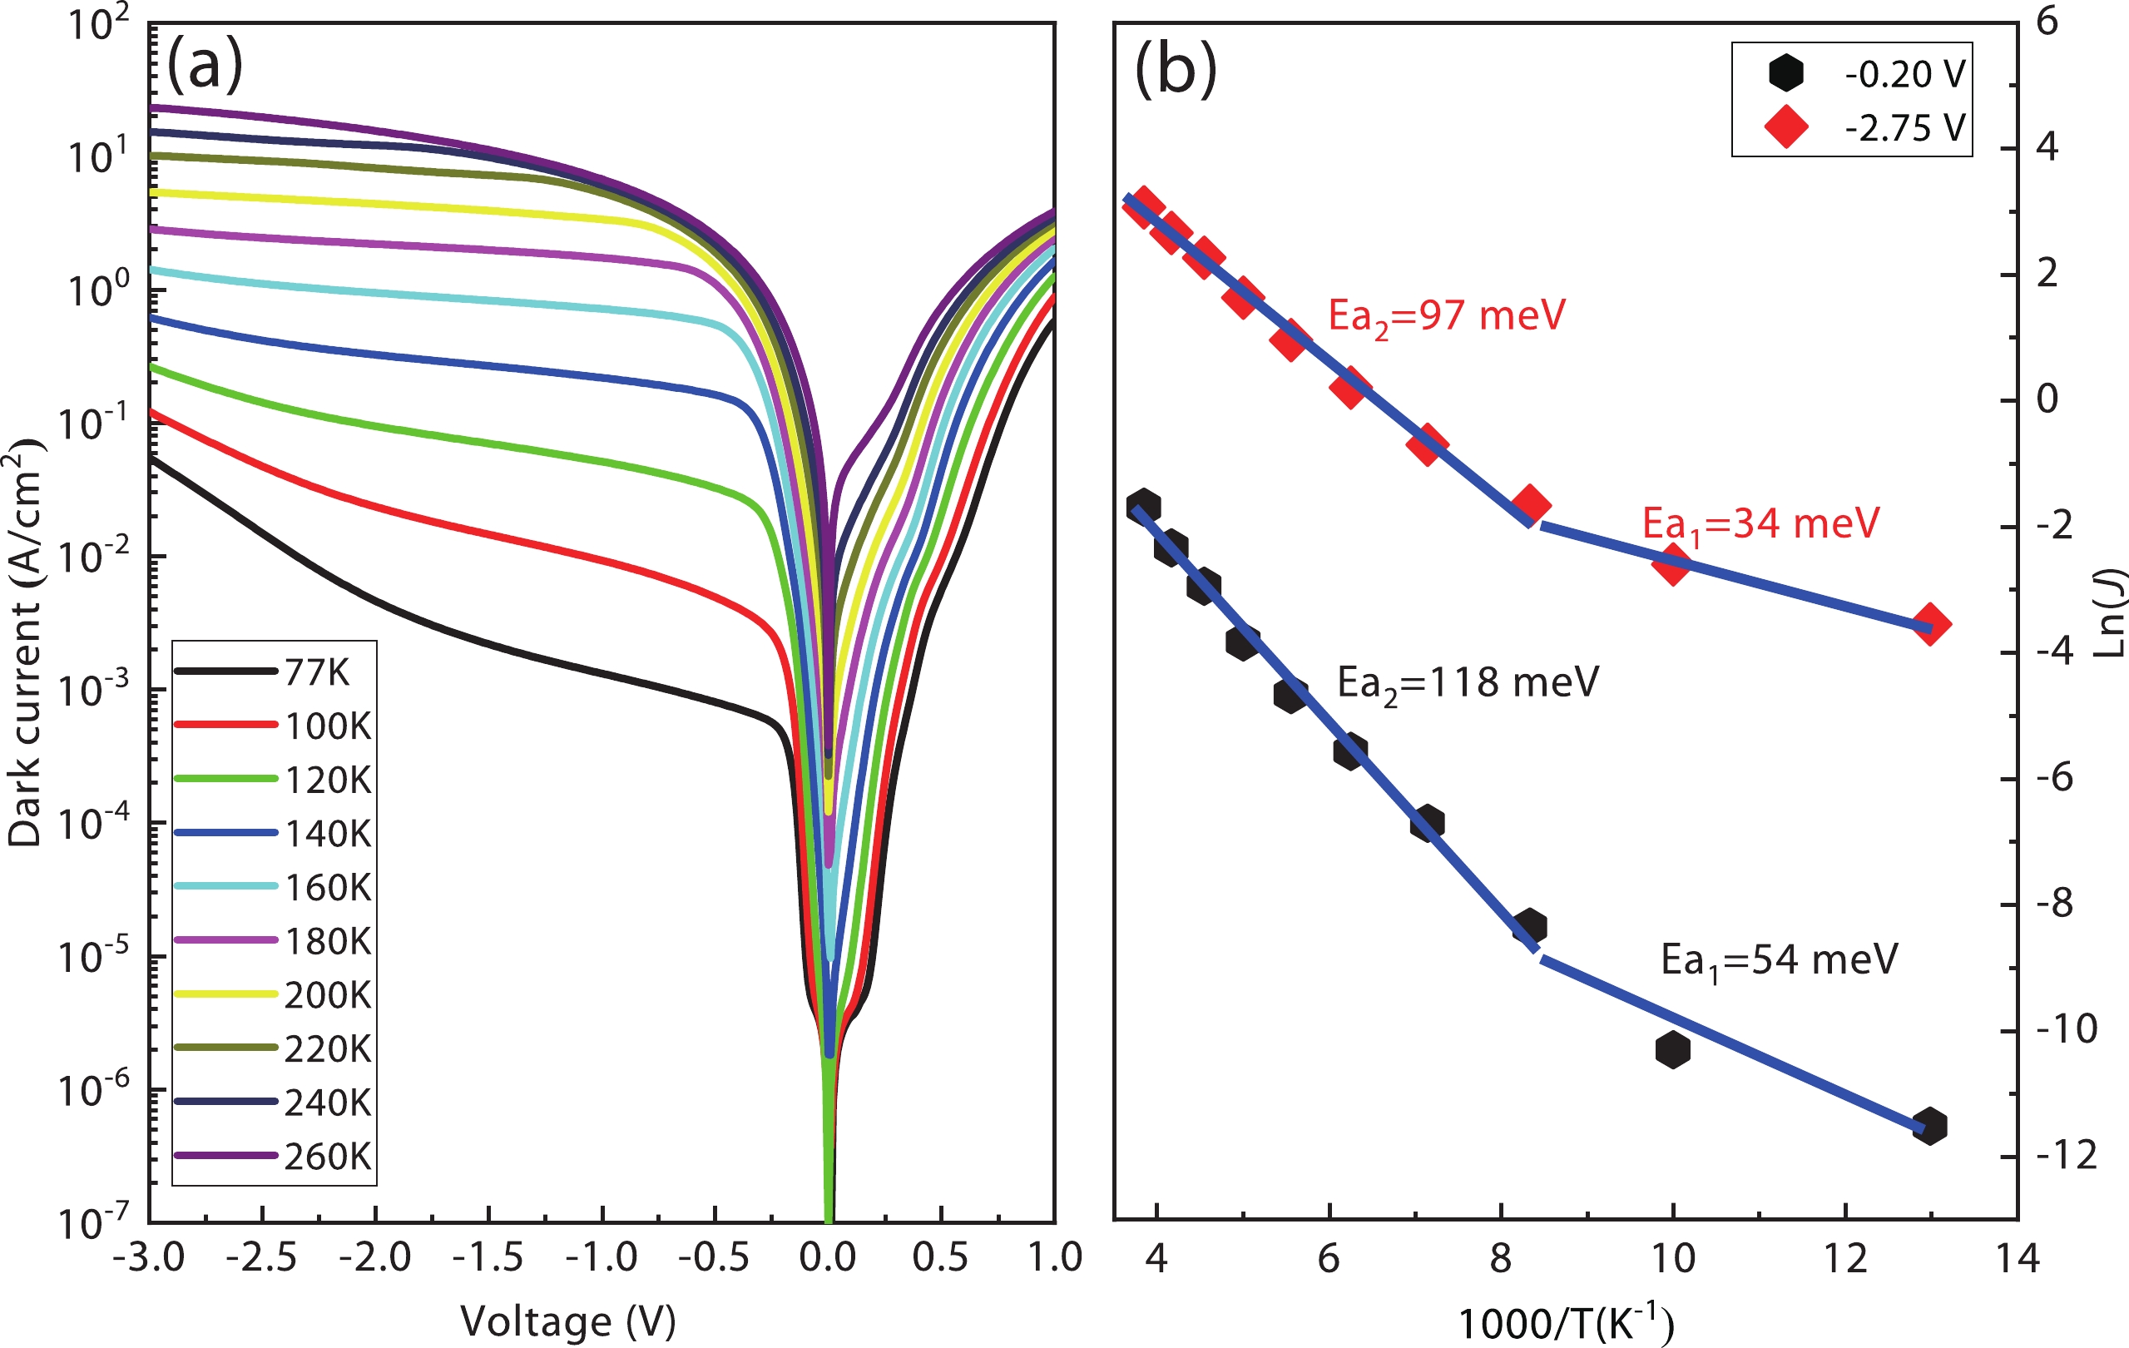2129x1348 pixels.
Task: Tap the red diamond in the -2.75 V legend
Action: tap(1786, 127)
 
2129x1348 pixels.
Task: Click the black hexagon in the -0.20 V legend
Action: tap(1786, 72)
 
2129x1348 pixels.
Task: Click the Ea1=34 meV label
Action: tap(1760, 524)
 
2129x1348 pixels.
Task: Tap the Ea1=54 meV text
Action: tap(1779, 960)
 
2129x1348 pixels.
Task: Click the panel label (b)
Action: tap(1175, 69)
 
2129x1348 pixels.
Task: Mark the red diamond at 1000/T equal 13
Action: tap(1931, 624)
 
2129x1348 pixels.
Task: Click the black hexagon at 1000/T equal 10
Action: tap(1673, 1049)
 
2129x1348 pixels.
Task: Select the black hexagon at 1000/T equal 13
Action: tap(1929, 1127)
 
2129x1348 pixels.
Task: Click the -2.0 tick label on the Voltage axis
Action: tap(375, 1258)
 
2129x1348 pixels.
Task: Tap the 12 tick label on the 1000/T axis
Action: tap(1845, 1258)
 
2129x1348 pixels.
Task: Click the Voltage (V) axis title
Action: tap(567, 1321)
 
